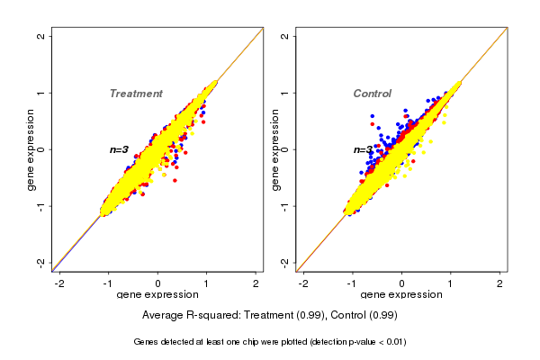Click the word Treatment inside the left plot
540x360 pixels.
click(136, 94)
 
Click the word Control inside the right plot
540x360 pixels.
click(372, 94)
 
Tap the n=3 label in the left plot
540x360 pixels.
click(120, 149)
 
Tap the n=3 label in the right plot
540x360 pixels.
click(363, 149)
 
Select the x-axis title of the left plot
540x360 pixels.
click(157, 295)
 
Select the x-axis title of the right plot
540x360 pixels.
click(400, 295)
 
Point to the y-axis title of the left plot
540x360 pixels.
click(32, 149)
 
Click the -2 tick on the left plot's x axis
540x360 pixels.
click(60, 283)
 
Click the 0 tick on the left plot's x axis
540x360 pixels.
click(158, 283)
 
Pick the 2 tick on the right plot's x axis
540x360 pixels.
click(500, 283)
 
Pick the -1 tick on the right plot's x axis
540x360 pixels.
click(353, 283)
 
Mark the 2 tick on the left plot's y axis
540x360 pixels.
click(42, 36)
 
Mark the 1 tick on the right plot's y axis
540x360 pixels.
click(285, 93)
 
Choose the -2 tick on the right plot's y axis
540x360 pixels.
click(285, 262)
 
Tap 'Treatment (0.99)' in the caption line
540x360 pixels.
click(283, 316)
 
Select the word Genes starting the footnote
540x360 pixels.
click(147, 342)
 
